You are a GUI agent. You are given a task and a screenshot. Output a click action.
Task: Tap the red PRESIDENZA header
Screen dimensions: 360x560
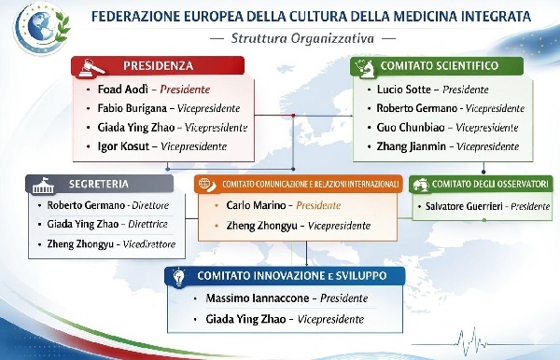click(x=159, y=66)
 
